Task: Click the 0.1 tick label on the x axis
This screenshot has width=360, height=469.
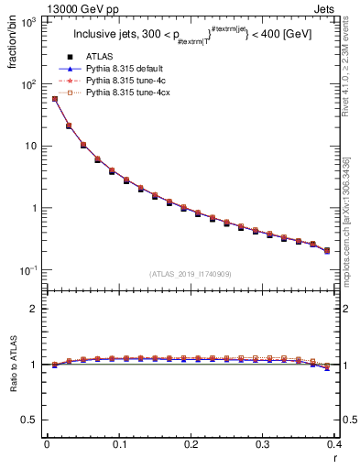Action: click(x=119, y=444)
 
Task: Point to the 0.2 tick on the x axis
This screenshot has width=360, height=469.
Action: click(x=191, y=444)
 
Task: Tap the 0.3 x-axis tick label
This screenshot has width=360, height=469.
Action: click(x=263, y=444)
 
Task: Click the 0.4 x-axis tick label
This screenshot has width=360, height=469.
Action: click(x=333, y=444)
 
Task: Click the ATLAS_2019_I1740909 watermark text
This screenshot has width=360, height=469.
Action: click(x=190, y=274)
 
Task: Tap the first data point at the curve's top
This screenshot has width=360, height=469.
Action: click(x=55, y=99)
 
